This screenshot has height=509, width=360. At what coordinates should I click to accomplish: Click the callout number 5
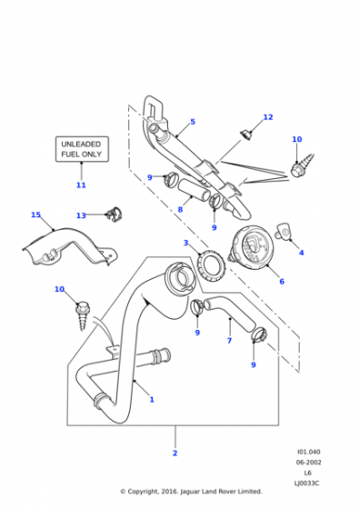click(193, 122)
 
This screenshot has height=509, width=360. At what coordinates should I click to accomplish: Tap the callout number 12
click(268, 117)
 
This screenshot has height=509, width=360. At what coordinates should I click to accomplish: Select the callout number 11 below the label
click(81, 185)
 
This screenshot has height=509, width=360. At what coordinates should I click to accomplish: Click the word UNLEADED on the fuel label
click(81, 144)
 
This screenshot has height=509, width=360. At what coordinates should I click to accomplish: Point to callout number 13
click(81, 215)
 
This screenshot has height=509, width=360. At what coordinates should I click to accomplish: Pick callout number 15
click(35, 215)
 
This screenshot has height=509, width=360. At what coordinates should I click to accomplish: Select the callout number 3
click(185, 243)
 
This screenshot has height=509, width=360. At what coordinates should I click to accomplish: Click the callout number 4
click(301, 253)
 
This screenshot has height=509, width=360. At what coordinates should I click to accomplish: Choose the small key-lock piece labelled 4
click(283, 231)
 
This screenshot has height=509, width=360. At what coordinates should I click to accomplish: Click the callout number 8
click(180, 210)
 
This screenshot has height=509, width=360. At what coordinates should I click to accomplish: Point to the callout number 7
click(229, 341)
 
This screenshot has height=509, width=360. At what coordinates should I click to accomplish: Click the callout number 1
click(152, 400)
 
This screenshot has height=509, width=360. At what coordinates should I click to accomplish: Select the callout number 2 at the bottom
click(175, 453)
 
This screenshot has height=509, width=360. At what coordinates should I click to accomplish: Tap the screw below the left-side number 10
click(82, 316)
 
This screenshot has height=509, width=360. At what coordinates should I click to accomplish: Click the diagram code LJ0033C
click(306, 484)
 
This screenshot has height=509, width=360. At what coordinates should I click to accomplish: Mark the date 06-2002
click(308, 463)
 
